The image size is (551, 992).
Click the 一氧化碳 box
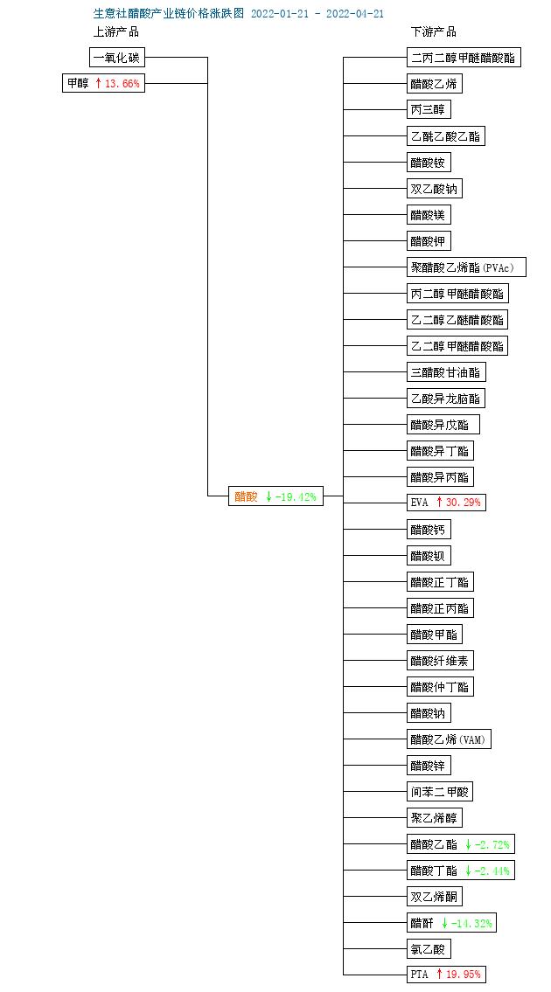pyautogui.click(x=116, y=58)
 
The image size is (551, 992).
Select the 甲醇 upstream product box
pyautogui.click(x=103, y=83)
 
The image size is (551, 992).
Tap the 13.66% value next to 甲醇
pyautogui.click(x=122, y=83)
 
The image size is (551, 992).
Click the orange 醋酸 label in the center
pyautogui.click(x=247, y=496)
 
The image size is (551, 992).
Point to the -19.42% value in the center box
pyautogui.click(x=295, y=496)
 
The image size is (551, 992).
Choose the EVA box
pyautogui.click(x=447, y=503)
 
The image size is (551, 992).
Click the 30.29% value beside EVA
pyautogui.click(x=464, y=503)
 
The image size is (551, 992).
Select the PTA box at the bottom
pyautogui.click(x=447, y=975)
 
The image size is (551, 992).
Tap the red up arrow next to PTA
pyautogui.click(x=439, y=975)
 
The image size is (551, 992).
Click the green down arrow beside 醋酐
pyautogui.click(x=444, y=923)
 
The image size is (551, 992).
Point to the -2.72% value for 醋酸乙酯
pyautogui.click(x=492, y=844)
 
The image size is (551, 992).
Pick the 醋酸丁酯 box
pyautogui.click(x=460, y=871)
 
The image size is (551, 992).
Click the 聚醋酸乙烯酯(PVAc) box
pyautogui.click(x=466, y=267)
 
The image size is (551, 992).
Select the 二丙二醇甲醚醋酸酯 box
pyautogui.click(x=464, y=58)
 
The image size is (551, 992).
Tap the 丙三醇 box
pyautogui.click(x=429, y=109)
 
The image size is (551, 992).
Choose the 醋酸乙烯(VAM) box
pyautogui.click(x=449, y=739)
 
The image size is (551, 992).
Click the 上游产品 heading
pyautogui.click(x=116, y=31)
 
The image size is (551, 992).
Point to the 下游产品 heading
pyautogui.click(x=434, y=31)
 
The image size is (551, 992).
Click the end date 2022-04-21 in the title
pyautogui.click(x=355, y=14)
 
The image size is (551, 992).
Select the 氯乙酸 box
pyautogui.click(x=429, y=949)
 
